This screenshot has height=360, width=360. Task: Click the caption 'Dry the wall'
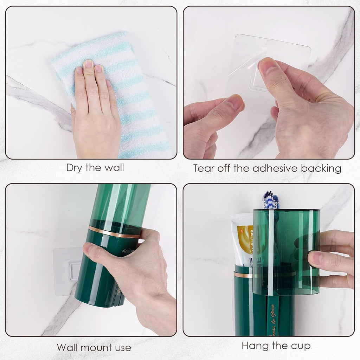95,168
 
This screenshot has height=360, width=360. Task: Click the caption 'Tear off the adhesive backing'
267,168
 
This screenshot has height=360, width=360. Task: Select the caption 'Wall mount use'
94,348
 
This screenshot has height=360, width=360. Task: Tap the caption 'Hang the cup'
276,346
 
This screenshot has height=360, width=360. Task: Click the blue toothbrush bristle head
271,200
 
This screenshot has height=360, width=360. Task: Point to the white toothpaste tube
242,239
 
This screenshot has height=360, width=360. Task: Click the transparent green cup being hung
285,250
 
